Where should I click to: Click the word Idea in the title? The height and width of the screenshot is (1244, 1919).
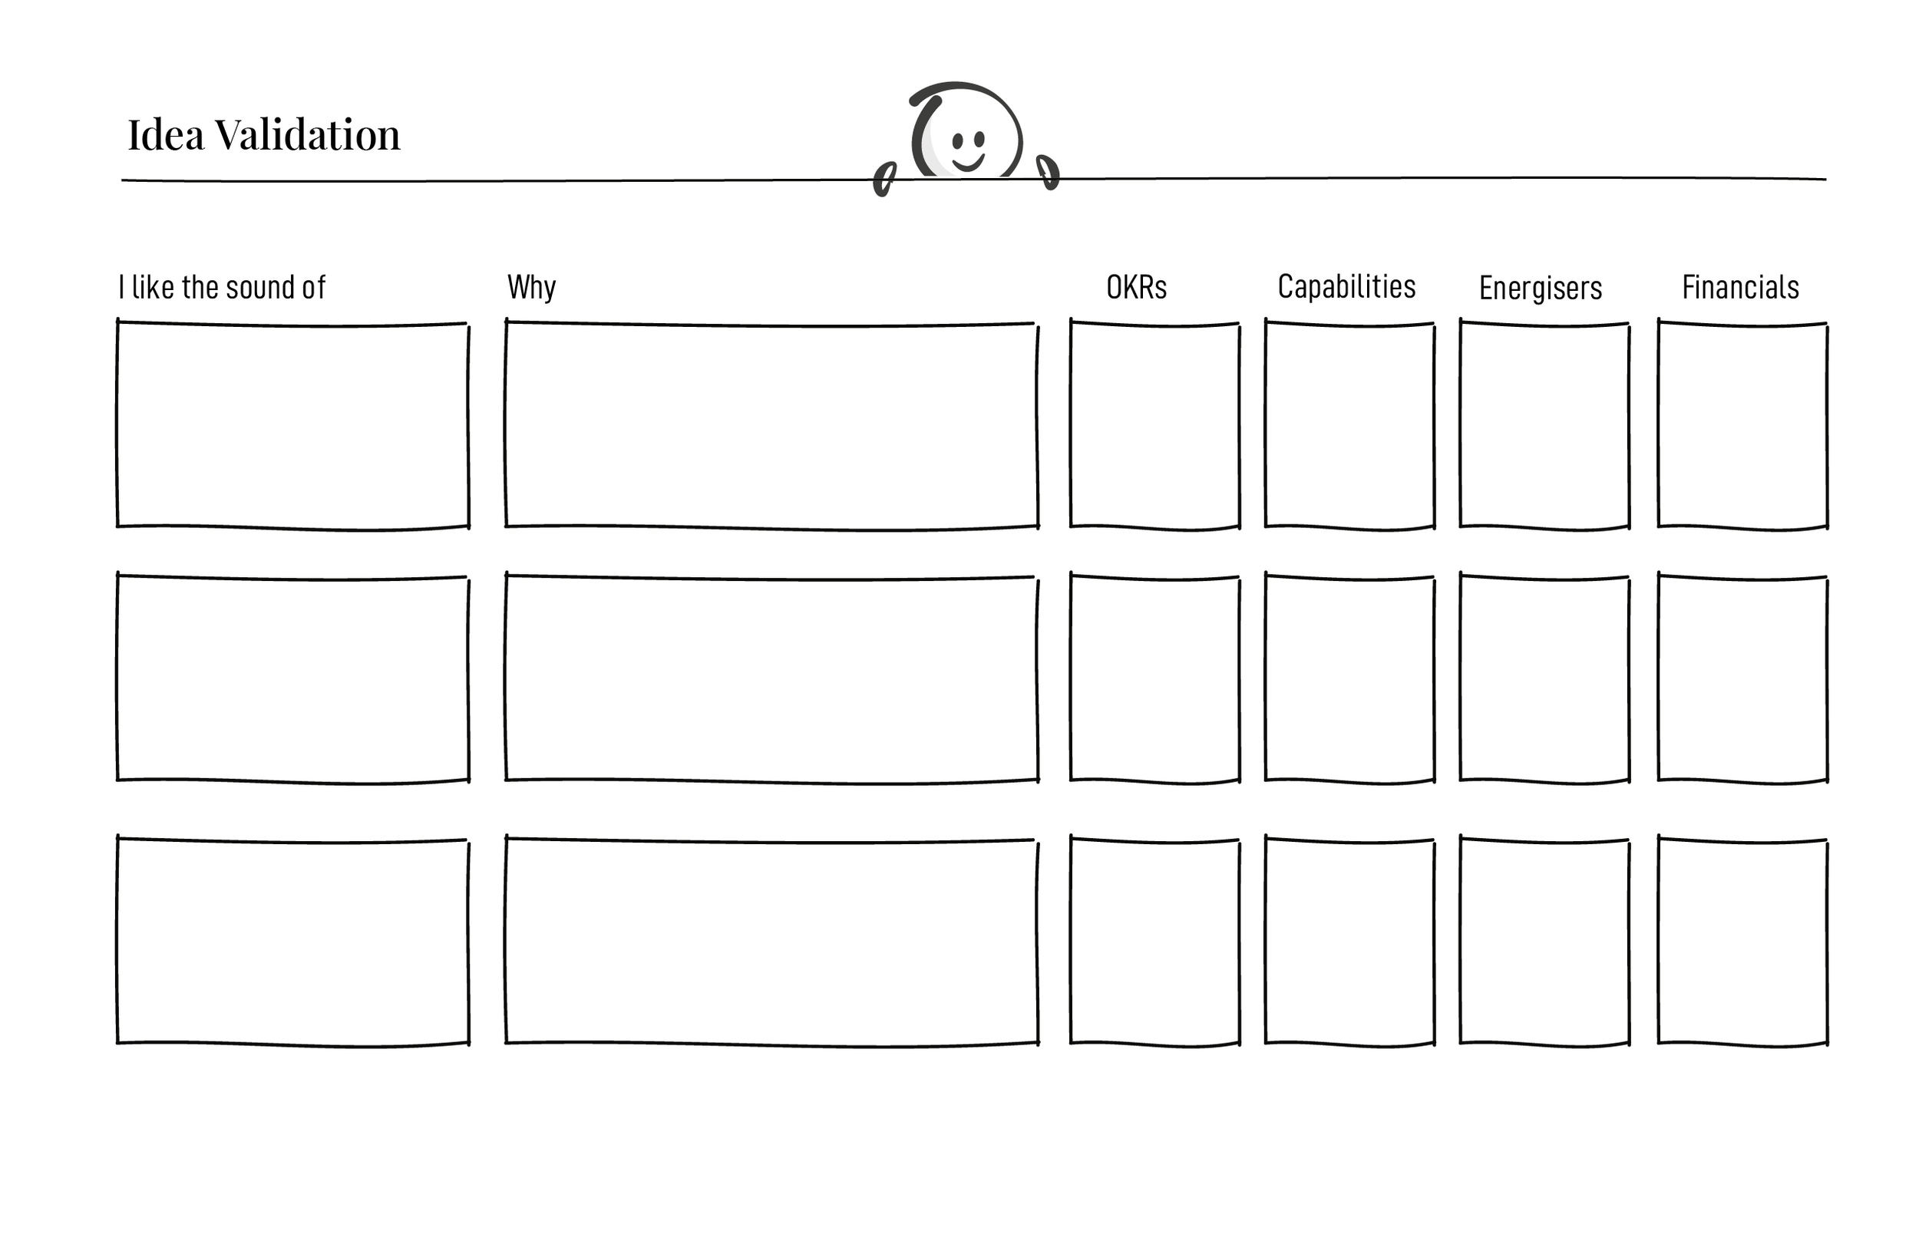(x=165, y=134)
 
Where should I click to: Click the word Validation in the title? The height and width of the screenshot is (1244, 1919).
(x=307, y=134)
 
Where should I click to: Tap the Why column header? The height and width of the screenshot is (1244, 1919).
(x=531, y=287)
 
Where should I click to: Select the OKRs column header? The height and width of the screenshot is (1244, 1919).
(x=1136, y=287)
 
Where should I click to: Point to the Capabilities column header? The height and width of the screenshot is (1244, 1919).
(x=1346, y=287)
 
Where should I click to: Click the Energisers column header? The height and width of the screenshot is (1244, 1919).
(x=1540, y=288)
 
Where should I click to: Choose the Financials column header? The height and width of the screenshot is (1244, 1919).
(x=1740, y=287)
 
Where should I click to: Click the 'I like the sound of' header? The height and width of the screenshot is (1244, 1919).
(x=222, y=287)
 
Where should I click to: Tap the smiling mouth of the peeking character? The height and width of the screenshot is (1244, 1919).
(x=968, y=163)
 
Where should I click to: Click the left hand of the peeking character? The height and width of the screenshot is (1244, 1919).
(x=884, y=179)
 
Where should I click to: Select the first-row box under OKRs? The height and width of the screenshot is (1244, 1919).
(x=1154, y=426)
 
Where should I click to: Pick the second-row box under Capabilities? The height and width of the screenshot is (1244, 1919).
(x=1349, y=679)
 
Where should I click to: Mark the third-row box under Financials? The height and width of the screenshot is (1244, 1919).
(x=1742, y=942)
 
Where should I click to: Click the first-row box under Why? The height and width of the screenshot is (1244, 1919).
(x=771, y=426)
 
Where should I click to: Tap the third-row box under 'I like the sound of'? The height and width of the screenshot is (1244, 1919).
(x=292, y=942)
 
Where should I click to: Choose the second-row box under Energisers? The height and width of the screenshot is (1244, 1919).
(x=1544, y=679)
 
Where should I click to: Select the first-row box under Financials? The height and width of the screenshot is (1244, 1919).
(x=1742, y=426)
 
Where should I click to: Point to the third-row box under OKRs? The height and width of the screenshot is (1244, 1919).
(x=1154, y=942)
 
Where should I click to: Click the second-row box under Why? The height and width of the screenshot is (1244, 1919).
(x=771, y=679)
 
